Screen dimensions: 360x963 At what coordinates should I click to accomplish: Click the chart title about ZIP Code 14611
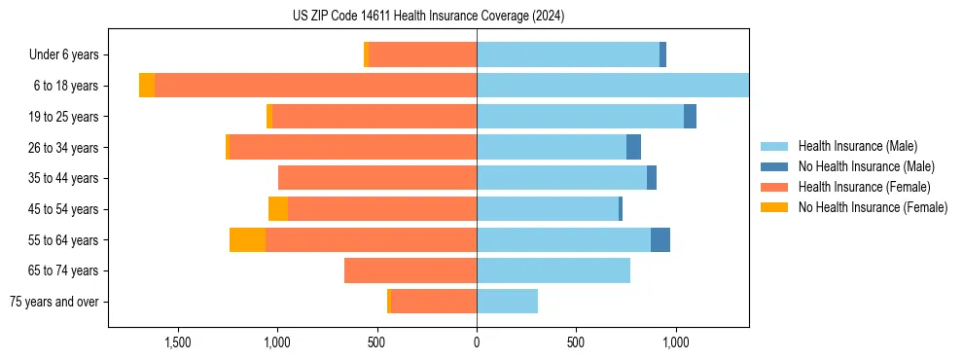[428, 17]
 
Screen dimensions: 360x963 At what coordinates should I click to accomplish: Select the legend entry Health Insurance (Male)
[857, 146]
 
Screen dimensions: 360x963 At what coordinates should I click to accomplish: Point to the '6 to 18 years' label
[65, 86]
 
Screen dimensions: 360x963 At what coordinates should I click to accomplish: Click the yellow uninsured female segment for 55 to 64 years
[247, 239]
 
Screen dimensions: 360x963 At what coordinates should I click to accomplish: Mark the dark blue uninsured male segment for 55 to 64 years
[660, 239]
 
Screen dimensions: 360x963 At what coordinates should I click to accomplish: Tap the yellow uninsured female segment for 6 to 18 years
[147, 86]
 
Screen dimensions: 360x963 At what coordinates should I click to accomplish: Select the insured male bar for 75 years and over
[507, 302]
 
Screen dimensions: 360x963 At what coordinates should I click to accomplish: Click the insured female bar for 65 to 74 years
[410, 270]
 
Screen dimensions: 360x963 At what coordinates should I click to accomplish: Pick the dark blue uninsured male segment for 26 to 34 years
[633, 147]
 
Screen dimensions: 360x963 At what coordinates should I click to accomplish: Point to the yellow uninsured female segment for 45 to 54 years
[278, 209]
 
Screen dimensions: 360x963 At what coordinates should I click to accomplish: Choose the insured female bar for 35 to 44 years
[377, 178]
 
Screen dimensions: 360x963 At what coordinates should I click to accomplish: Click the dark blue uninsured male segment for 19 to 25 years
[690, 117]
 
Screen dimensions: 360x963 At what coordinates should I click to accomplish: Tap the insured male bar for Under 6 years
[568, 55]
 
